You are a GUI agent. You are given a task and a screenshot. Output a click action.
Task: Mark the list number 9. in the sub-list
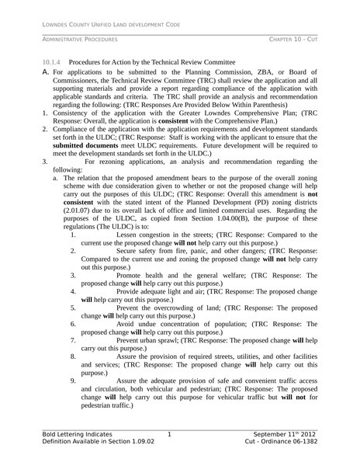[x=73, y=381]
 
